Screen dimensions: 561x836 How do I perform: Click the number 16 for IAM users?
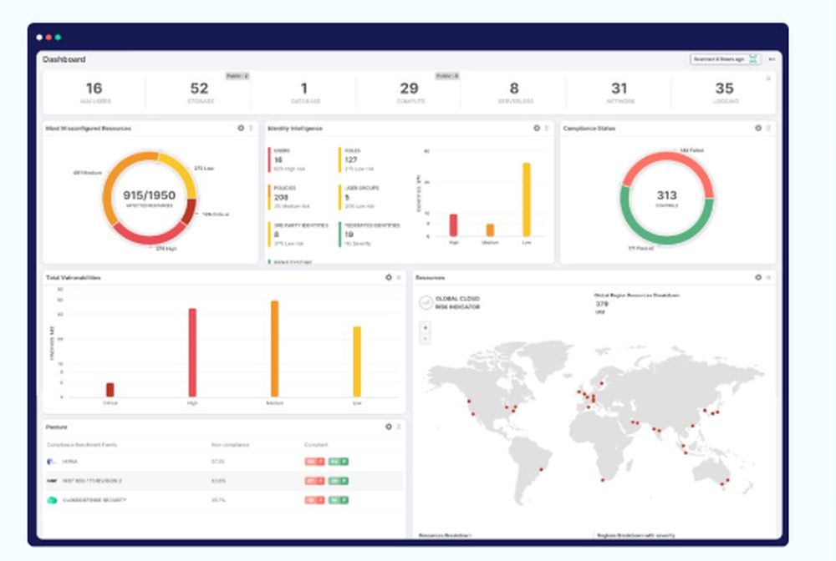click(94, 88)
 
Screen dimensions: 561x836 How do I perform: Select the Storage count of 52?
click(199, 88)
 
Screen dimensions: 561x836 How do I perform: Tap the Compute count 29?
click(409, 88)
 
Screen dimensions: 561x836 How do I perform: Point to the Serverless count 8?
click(514, 88)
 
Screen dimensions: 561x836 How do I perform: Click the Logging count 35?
click(724, 88)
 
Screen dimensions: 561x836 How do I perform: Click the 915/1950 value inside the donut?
click(150, 195)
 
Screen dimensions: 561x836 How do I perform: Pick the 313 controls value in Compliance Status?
click(666, 195)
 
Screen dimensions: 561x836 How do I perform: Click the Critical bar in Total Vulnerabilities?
click(110, 390)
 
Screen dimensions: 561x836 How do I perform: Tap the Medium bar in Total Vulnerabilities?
click(274, 349)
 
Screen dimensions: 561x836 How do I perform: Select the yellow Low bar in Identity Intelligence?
click(527, 200)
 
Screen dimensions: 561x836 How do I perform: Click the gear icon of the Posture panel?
click(389, 427)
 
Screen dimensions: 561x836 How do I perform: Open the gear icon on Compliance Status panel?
click(758, 129)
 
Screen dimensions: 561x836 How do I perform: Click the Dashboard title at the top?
click(64, 59)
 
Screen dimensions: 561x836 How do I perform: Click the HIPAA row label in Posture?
click(69, 461)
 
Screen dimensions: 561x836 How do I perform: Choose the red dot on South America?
click(540, 469)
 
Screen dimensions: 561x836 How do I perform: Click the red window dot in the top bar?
click(48, 38)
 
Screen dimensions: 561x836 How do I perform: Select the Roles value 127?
click(351, 159)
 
